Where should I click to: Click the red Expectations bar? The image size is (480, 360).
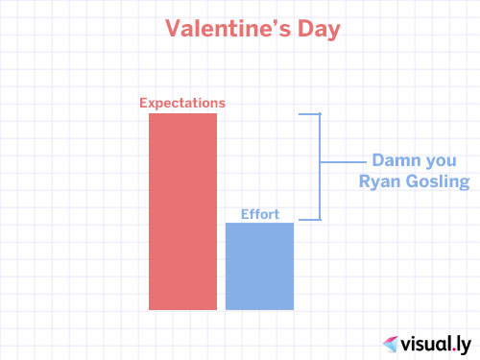tap(182, 211)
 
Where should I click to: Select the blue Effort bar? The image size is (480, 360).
tap(259, 266)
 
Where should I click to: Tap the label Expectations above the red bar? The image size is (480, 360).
tap(182, 103)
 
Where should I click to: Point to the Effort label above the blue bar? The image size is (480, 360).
tap(259, 214)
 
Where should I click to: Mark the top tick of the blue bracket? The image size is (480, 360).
tap(310, 114)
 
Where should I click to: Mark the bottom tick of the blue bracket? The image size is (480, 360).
tap(310, 221)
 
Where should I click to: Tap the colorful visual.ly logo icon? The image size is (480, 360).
tap(392, 342)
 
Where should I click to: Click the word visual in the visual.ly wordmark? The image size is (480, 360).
tap(423, 341)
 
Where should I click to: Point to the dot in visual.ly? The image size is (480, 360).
tap(448, 347)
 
